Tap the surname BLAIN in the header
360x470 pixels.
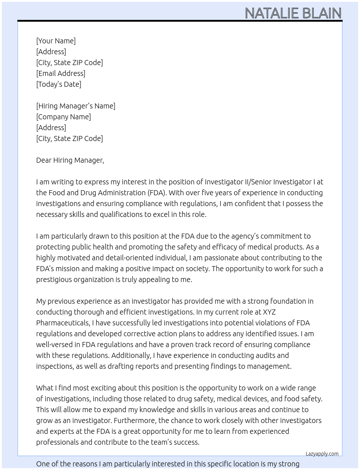tap(322, 13)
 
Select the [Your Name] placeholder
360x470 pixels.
tap(56, 41)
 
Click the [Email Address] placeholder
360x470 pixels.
tap(61, 73)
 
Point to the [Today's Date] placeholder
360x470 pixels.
tap(59, 84)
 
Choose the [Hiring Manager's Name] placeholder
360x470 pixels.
tap(76, 106)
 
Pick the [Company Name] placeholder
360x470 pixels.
tap(63, 117)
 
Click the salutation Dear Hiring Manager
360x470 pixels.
tap(70, 160)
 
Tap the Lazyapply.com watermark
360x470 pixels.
tap(322, 454)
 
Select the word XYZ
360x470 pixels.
tap(269, 312)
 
